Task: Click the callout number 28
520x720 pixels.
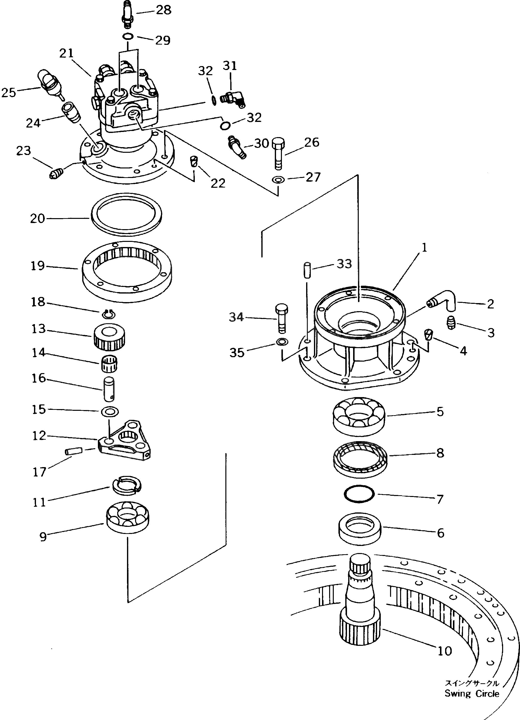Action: pyautogui.click(x=163, y=10)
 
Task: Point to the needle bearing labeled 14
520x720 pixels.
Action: pyautogui.click(x=109, y=364)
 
